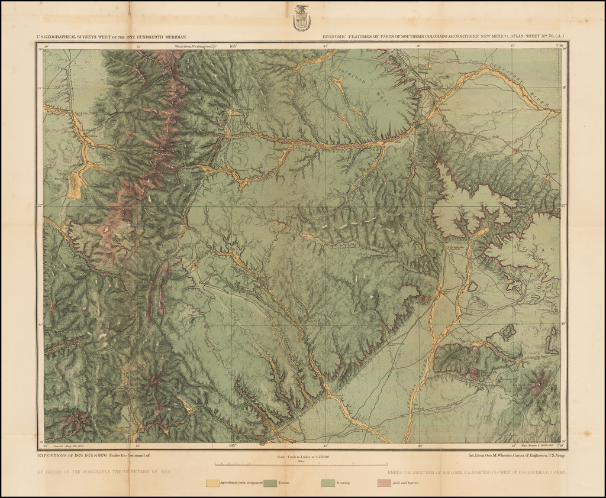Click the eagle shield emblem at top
pyautogui.click(x=301, y=18)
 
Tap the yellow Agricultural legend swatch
pyautogui.click(x=212, y=483)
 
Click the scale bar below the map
pyautogui.click(x=301, y=464)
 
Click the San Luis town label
pyautogui.click(x=65, y=114)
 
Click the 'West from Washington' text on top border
pyautogui.click(x=194, y=46)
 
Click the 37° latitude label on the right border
pyautogui.click(x=565, y=206)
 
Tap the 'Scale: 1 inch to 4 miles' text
pyautogui.click(x=301, y=457)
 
